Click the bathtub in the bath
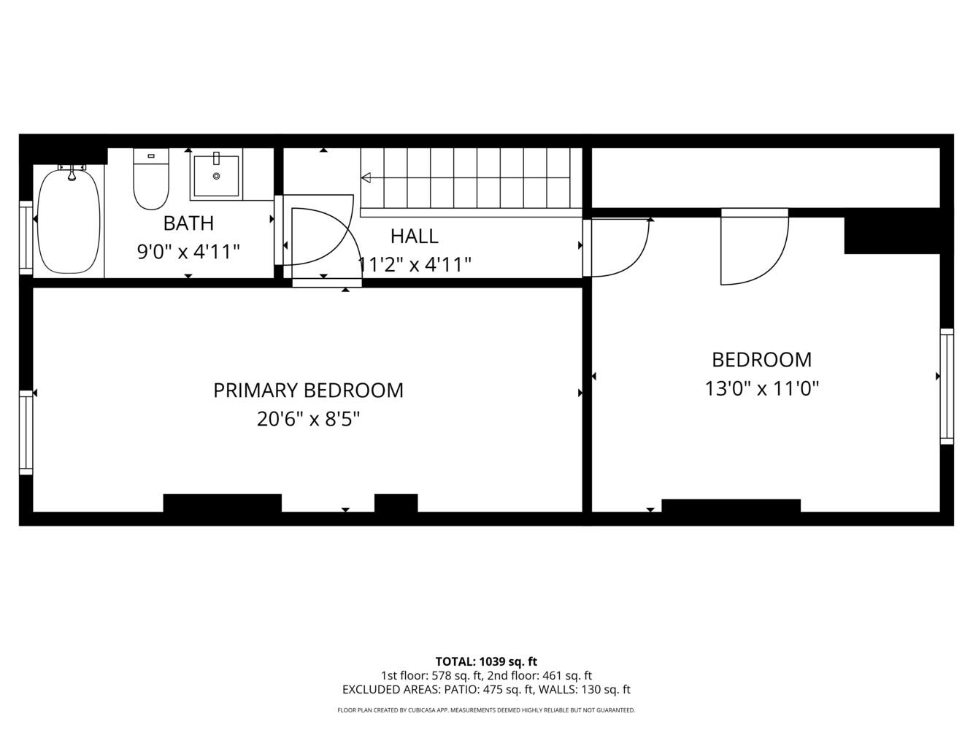[x=69, y=220]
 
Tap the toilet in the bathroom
[x=151, y=179]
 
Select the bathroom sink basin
[x=216, y=175]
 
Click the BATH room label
[x=188, y=223]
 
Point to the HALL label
[x=415, y=237]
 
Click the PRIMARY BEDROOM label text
[x=309, y=391]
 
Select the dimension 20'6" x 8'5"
[x=309, y=418]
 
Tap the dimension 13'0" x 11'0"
[x=761, y=388]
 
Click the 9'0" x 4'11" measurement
[x=188, y=252]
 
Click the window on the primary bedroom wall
[x=26, y=432]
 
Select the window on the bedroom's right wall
[x=947, y=386]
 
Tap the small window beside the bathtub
[x=26, y=237]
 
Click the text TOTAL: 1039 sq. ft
[x=486, y=661]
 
